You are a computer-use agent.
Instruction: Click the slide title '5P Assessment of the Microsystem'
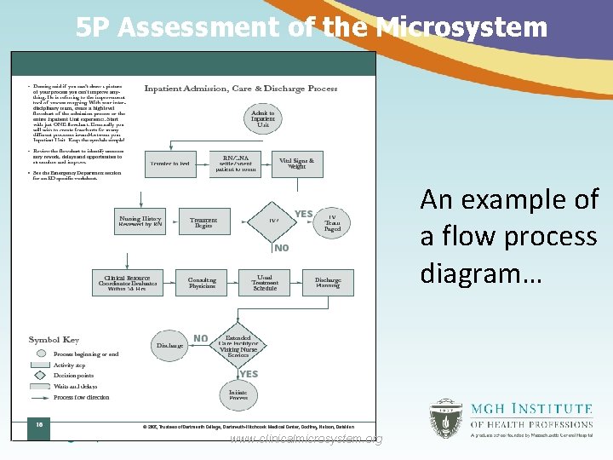311,27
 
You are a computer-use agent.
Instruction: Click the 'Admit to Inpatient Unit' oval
263,119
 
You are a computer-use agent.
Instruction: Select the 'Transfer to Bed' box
170,163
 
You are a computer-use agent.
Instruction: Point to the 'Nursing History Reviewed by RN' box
140,221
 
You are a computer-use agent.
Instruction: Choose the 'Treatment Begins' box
203,222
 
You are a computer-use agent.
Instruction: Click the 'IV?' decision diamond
273,221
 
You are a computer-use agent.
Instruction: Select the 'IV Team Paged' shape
332,223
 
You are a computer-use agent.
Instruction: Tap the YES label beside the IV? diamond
304,214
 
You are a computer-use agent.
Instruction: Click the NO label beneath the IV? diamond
282,249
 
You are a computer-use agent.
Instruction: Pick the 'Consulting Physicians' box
202,282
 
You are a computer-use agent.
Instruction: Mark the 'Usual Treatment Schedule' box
265,282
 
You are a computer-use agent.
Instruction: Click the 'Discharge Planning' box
328,282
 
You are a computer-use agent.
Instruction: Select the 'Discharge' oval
170,346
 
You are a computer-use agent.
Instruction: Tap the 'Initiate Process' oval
238,394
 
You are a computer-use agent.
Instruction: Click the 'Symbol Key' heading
54,340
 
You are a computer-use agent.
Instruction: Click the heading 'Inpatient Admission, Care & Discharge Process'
241,89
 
